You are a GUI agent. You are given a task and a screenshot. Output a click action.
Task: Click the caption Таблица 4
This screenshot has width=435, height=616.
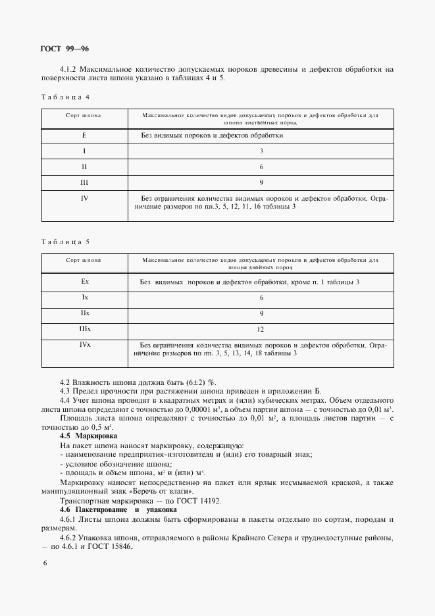[x=65, y=97]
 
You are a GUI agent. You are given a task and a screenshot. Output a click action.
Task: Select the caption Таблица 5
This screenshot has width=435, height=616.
[x=65, y=242]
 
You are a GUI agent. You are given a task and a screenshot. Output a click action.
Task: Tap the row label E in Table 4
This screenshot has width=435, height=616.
[x=84, y=136]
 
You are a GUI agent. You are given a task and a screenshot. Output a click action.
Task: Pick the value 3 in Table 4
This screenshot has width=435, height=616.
[x=261, y=151]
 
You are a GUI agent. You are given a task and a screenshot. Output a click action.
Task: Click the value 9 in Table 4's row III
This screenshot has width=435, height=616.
[x=261, y=182]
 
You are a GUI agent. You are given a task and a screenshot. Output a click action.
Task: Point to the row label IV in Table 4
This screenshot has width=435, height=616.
[x=84, y=197]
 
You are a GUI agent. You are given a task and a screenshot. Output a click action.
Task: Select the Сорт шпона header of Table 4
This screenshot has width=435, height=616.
[x=84, y=115]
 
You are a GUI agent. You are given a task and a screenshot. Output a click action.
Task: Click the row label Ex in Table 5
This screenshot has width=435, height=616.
[x=84, y=282]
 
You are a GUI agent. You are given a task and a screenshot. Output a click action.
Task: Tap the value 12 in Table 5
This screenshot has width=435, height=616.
[x=261, y=328]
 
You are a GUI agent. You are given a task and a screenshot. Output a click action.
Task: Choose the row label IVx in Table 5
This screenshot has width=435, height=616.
[x=84, y=344]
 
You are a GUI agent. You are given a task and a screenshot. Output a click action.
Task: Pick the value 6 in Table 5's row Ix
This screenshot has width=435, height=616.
[x=261, y=297]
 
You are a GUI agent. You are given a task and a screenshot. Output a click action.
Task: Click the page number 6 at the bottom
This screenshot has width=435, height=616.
[x=44, y=563]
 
